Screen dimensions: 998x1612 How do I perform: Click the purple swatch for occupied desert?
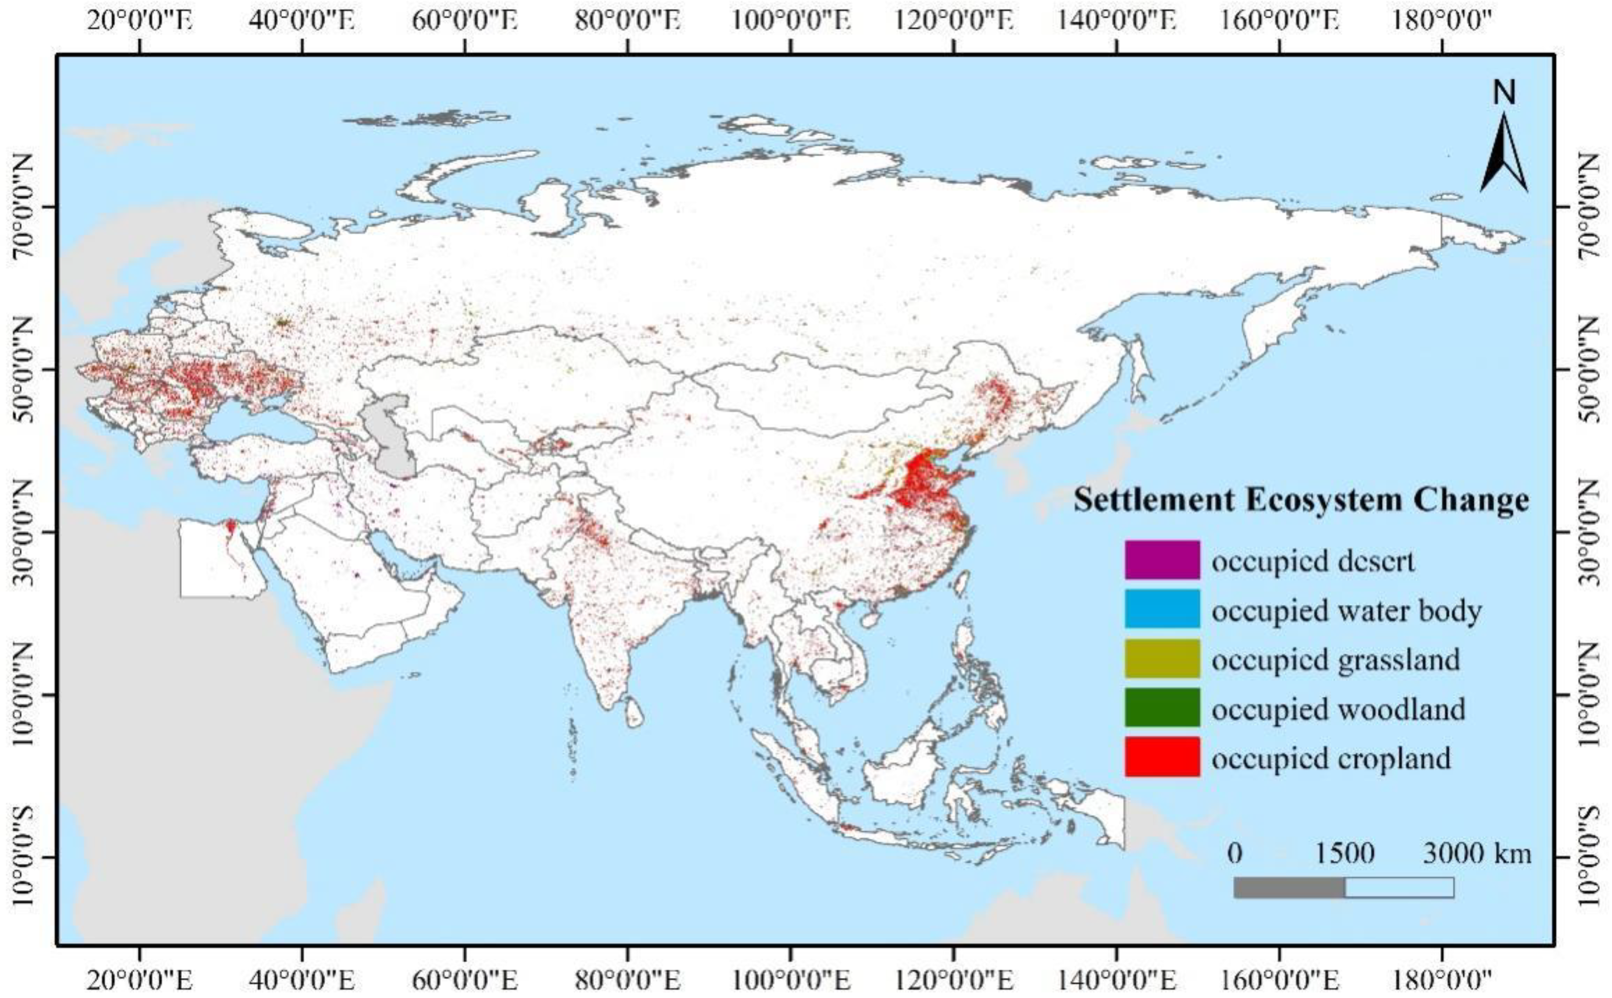pyautogui.click(x=1162, y=559)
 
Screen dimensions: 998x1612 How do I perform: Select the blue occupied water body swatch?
pyautogui.click(x=1162, y=608)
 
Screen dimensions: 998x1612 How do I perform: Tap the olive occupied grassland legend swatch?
pyautogui.click(x=1162, y=658)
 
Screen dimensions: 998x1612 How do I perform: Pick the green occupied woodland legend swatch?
pyautogui.click(x=1162, y=707)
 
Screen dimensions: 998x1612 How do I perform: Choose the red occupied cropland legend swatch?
pyautogui.click(x=1162, y=757)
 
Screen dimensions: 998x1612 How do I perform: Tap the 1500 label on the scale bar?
pyautogui.click(x=1345, y=854)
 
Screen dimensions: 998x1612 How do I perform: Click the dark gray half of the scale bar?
pyautogui.click(x=1289, y=887)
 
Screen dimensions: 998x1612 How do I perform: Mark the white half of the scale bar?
pyautogui.click(x=1399, y=887)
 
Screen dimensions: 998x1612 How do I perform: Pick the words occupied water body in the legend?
pyautogui.click(x=1346, y=611)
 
